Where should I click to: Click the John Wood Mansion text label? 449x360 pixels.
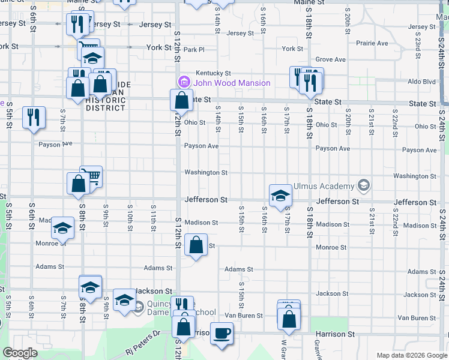click(x=231, y=83)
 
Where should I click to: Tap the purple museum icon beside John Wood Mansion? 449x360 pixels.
click(x=184, y=82)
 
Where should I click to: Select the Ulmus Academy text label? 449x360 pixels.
click(x=324, y=186)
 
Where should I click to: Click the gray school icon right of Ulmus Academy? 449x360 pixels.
click(x=362, y=184)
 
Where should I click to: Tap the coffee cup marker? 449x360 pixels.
click(x=221, y=333)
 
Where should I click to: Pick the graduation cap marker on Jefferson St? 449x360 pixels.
click(x=280, y=196)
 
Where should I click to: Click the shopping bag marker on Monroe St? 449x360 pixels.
click(x=196, y=245)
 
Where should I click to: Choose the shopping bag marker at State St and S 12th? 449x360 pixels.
click(x=181, y=100)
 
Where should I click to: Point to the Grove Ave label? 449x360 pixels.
click(x=331, y=60)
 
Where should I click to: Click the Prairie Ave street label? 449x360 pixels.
click(x=372, y=43)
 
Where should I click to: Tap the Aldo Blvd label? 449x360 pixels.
click(x=421, y=81)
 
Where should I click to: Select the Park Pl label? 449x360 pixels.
click(x=194, y=49)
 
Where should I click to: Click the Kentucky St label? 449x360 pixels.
click(x=208, y=73)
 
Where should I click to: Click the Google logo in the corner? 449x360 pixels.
click(x=20, y=353)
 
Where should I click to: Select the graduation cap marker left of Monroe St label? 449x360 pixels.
click(x=62, y=228)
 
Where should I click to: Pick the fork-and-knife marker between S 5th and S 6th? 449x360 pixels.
click(x=34, y=117)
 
